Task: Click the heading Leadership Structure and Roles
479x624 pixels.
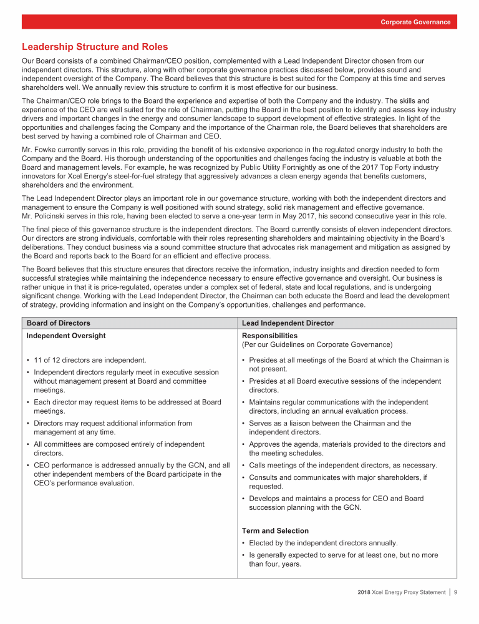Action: pyautogui.click(x=95, y=47)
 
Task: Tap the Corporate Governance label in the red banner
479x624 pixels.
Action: pyautogui.click(x=415, y=22)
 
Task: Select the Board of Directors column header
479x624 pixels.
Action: pyautogui.click(x=58, y=323)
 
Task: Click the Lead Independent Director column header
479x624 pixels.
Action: pyautogui.click(x=288, y=323)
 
